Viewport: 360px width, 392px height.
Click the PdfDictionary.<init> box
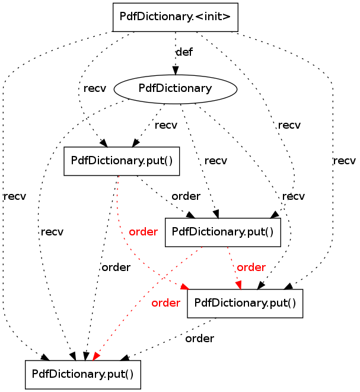point(175,17)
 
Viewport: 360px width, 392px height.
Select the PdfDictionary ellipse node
point(175,89)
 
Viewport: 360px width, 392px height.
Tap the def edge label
point(184,52)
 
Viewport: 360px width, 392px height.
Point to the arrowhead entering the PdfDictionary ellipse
point(176,71)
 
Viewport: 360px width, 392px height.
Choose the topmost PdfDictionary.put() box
point(122,161)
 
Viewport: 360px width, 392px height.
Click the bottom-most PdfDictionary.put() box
point(83,374)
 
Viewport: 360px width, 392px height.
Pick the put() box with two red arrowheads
point(245,304)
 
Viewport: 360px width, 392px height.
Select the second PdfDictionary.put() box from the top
point(223,232)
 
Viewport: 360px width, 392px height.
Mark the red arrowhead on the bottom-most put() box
point(96,357)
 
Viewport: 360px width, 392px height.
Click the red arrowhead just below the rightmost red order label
point(239,285)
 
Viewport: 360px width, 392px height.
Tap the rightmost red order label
point(251,267)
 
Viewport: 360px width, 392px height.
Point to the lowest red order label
point(165,303)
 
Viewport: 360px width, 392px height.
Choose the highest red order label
point(144,232)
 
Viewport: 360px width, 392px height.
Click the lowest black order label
point(199,339)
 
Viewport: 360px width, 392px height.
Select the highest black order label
point(186,196)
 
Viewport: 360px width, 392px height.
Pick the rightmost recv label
point(344,161)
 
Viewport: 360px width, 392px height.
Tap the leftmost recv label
point(15,196)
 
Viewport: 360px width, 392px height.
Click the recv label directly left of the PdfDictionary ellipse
point(95,88)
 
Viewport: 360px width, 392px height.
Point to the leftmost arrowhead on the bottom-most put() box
point(46,357)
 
